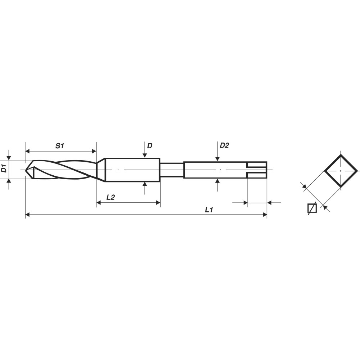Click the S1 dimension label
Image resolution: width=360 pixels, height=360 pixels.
(59, 146)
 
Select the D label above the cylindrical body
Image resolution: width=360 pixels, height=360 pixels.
(149, 146)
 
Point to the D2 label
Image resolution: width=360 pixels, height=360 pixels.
(224, 145)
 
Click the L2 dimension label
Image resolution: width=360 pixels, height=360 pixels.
(111, 197)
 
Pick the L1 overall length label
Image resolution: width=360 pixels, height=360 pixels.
(209, 210)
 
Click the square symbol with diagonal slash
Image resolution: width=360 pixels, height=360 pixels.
(312, 208)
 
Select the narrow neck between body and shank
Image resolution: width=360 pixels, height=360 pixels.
(171, 170)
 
